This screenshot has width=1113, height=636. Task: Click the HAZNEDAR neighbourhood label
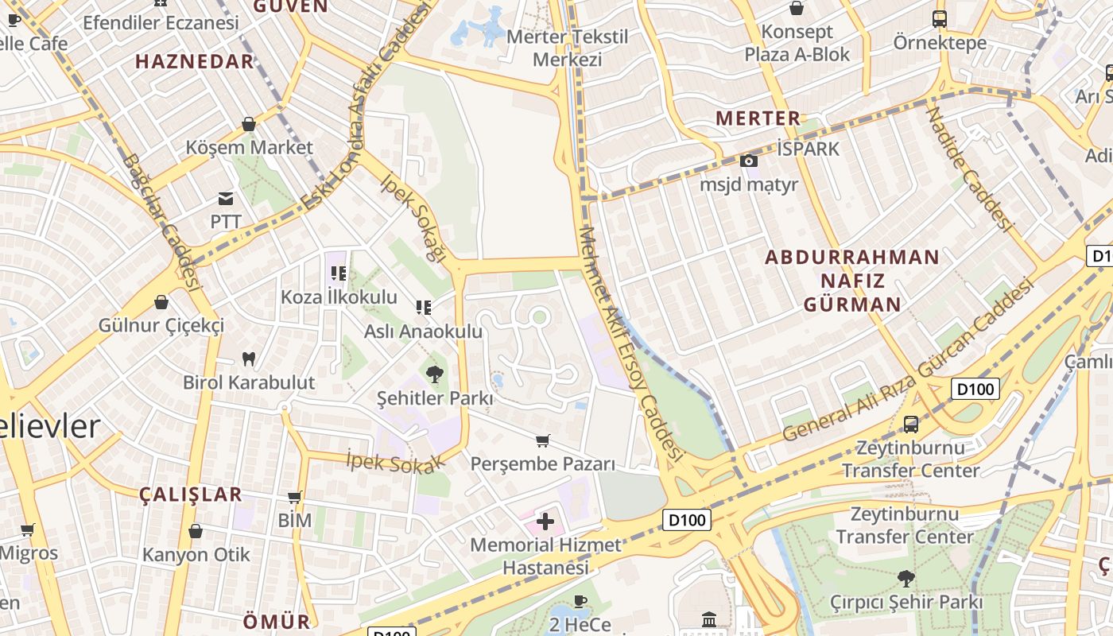point(194,61)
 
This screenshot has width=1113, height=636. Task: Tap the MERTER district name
point(758,118)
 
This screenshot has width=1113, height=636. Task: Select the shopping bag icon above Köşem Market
point(249,124)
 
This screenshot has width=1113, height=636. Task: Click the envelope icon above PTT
point(227,198)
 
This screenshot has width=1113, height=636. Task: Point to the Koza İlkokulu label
point(339,297)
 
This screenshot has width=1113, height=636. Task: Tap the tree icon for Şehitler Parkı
point(434,374)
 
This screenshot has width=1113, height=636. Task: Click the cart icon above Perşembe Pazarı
point(543,440)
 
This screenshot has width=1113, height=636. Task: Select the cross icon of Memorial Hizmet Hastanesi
point(545,522)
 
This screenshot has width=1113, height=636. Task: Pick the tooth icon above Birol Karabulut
point(248,359)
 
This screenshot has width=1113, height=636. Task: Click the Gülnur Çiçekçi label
point(161,325)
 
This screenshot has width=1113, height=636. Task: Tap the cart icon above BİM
point(294,498)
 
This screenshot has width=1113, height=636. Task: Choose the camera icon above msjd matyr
point(748,161)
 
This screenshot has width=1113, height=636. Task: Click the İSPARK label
point(808,149)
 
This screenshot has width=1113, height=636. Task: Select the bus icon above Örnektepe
point(939,19)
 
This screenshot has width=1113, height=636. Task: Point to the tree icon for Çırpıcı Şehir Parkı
point(906,578)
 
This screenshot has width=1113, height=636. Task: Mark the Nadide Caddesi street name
point(970,169)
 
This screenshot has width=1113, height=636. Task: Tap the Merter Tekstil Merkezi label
point(567,48)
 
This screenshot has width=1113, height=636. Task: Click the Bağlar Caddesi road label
point(158,220)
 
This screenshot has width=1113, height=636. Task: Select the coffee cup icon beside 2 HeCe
point(580,601)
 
